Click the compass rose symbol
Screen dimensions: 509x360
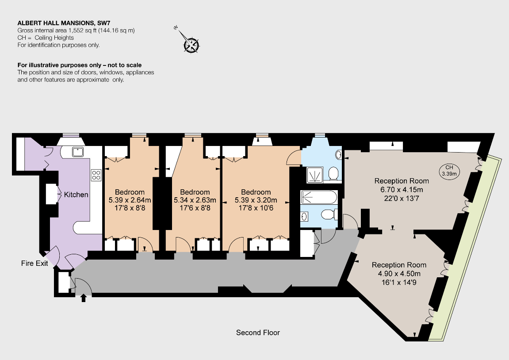point(191,45)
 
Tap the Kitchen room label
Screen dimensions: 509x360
point(76,195)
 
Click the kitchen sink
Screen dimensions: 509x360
point(78,152)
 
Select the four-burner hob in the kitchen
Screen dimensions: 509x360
point(96,175)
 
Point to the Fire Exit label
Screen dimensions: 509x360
point(34,263)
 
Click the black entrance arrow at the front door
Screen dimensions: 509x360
point(84,298)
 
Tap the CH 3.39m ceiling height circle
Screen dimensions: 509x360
point(449,170)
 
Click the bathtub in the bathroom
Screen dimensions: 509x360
point(319,197)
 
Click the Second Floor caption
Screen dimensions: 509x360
point(258,333)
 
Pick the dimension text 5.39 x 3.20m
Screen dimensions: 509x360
point(256,200)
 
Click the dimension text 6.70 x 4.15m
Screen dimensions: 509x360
point(402,189)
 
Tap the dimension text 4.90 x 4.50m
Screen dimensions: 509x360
point(399,273)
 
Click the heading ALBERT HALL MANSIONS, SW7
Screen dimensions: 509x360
point(64,23)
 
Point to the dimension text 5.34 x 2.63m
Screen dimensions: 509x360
point(195,200)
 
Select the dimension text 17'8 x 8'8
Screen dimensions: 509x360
point(130,208)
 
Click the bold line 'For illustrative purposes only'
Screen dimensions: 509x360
point(80,65)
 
